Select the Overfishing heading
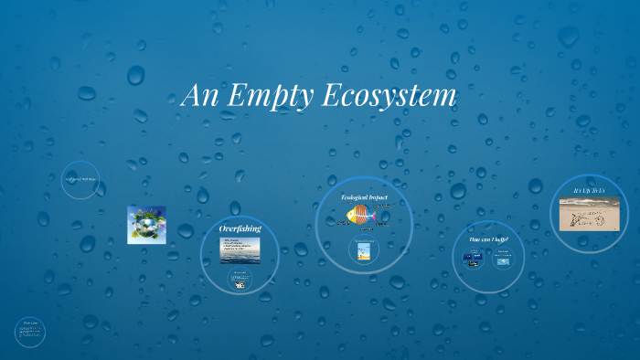point(240,228)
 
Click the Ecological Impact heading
point(364,197)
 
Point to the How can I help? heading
point(488,239)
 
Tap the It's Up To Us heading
point(589,190)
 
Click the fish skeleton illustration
point(363,216)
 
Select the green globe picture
point(146,225)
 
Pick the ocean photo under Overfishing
point(240,249)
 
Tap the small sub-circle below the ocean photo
point(240,281)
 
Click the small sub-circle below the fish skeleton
point(365,249)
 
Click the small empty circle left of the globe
point(80,179)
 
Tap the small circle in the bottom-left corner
point(30,332)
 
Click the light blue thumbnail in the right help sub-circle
point(503,261)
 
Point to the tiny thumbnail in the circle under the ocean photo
point(240,284)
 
